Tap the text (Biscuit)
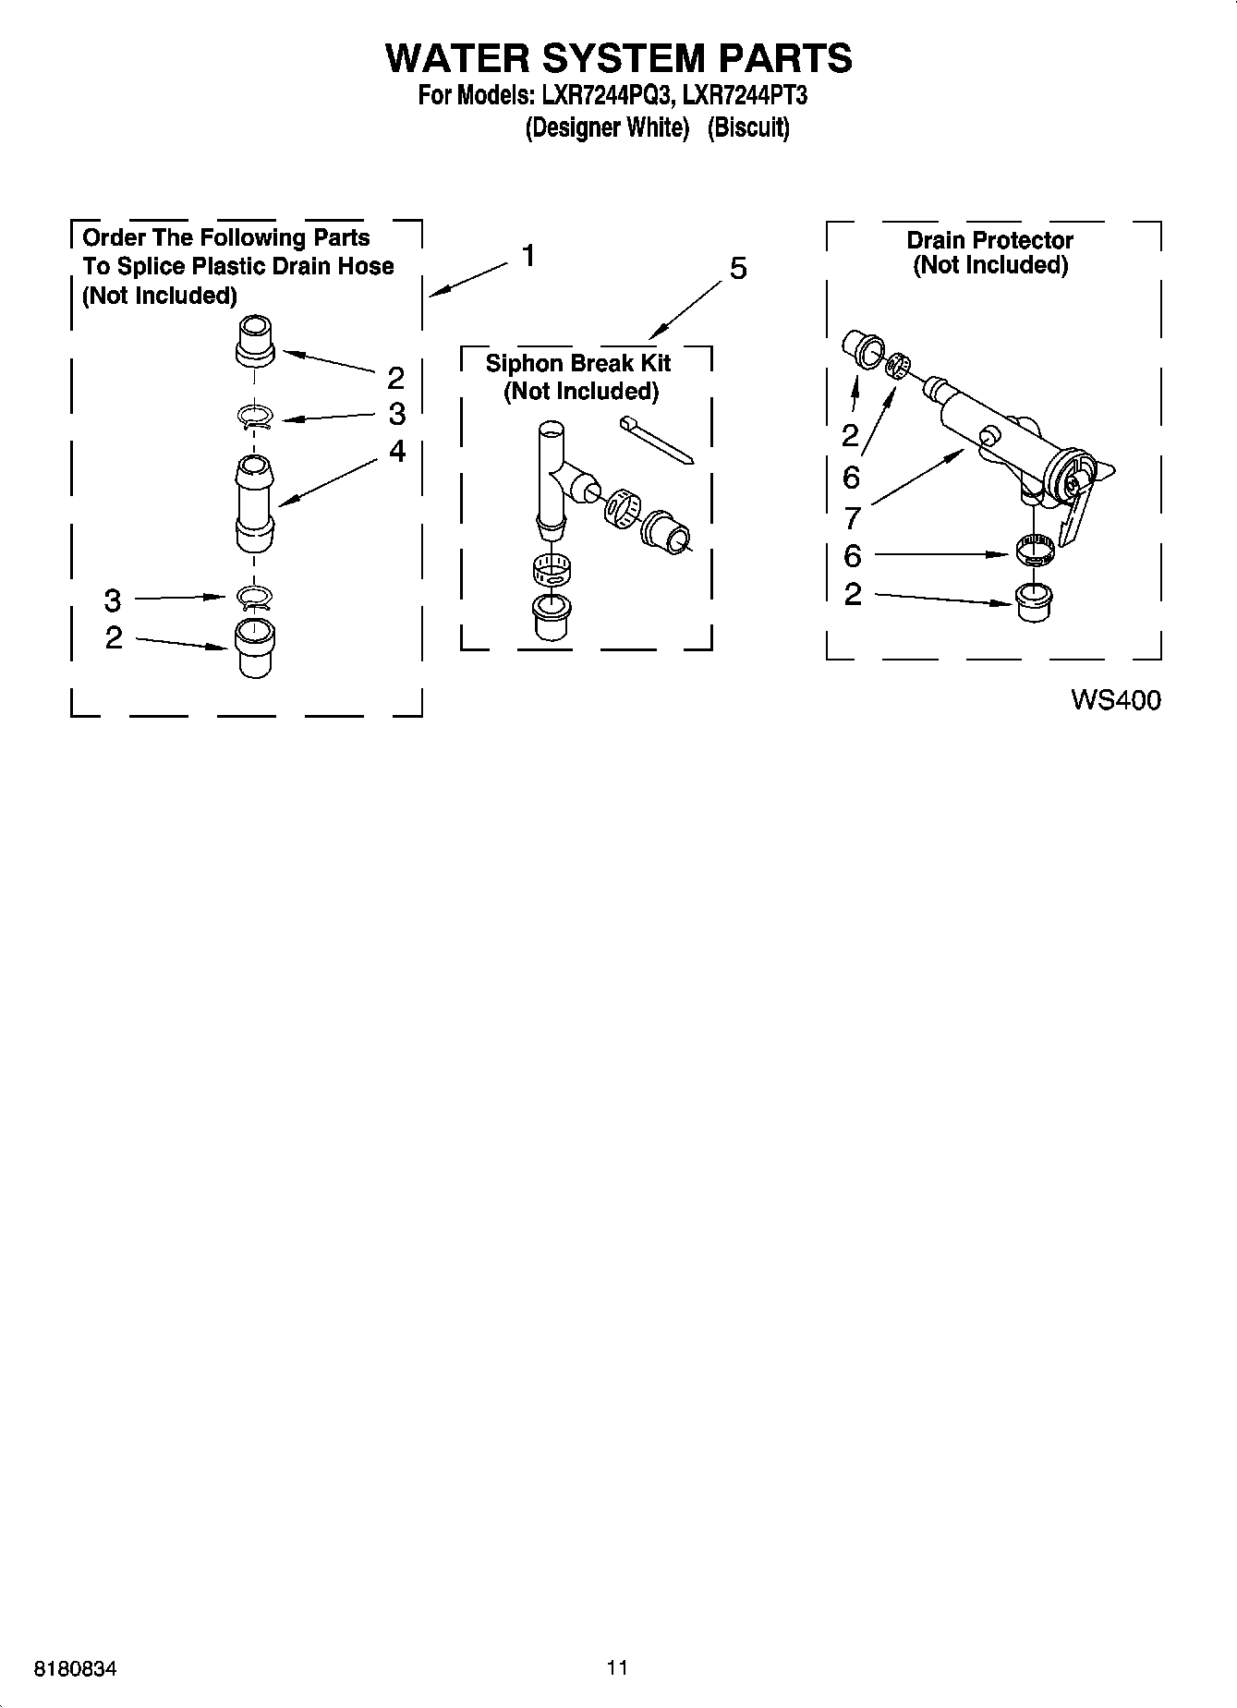[x=748, y=127]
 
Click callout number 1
[x=528, y=255]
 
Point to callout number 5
[x=737, y=269]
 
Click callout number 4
[x=396, y=451]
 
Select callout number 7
[x=852, y=517]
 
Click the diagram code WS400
[x=1115, y=700]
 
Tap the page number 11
[x=617, y=1667]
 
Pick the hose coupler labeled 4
[x=254, y=503]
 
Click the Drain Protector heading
[x=989, y=240]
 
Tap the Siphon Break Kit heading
[x=578, y=363]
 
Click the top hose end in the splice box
[x=255, y=340]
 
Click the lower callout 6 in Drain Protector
[x=852, y=555]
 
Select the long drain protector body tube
[x=988, y=430]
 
